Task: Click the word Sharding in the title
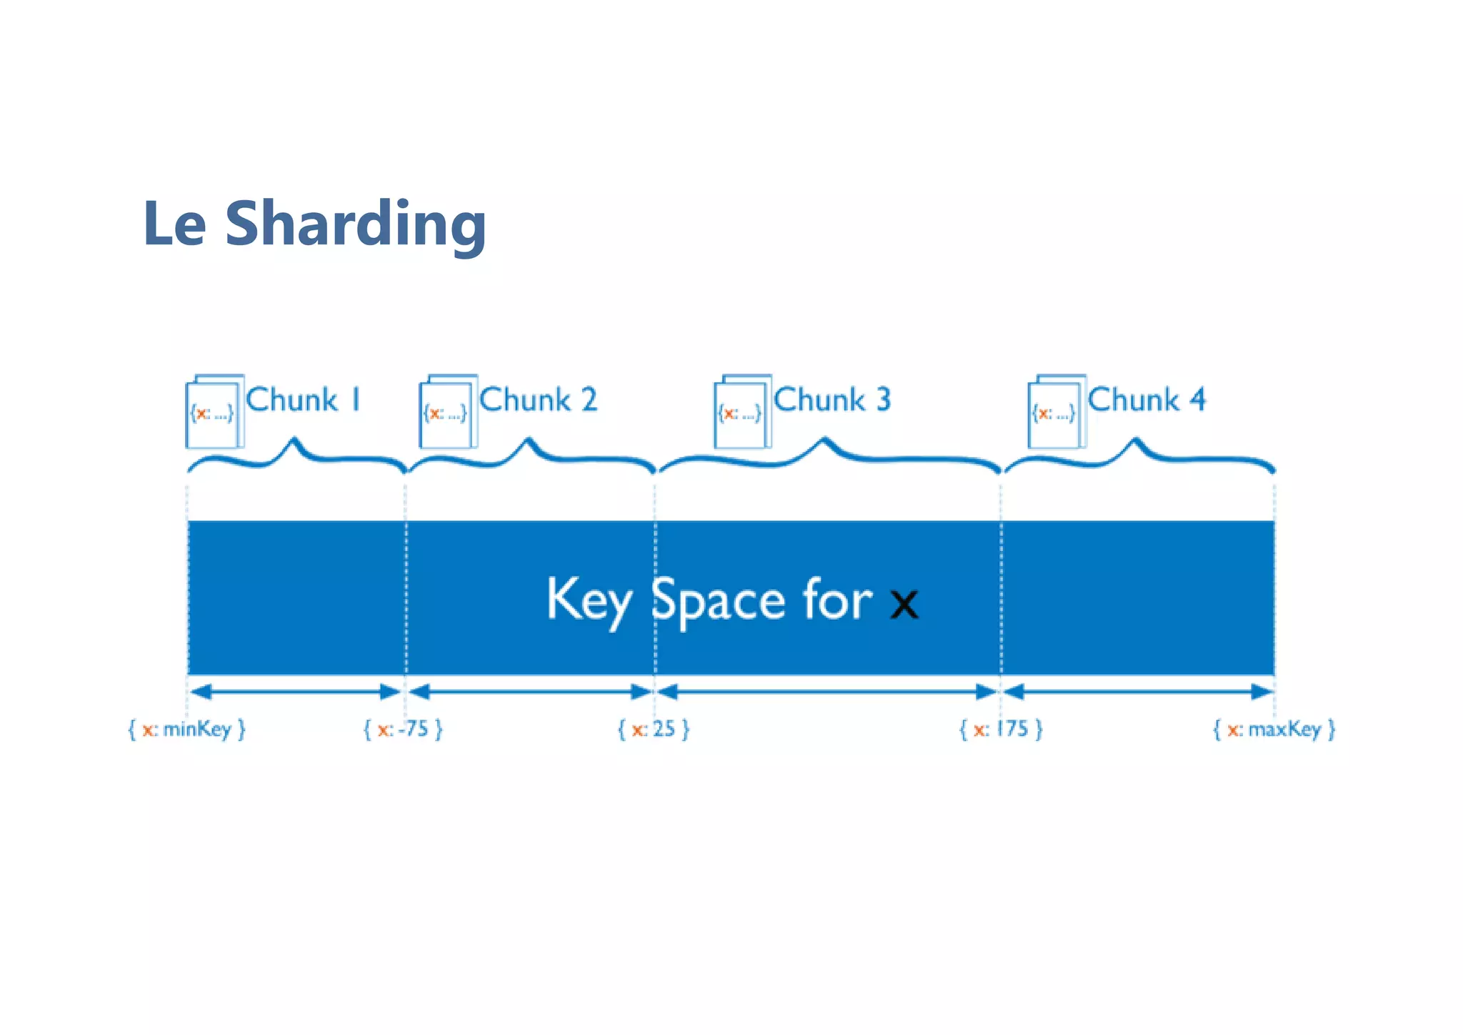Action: pos(355,224)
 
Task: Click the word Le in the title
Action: pos(174,224)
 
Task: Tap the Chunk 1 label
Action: pos(304,400)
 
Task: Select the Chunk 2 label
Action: pos(538,400)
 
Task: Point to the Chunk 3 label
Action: pos(832,400)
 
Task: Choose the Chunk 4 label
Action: pos(1147,400)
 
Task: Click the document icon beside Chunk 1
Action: pos(214,412)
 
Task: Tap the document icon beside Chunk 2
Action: pos(447,412)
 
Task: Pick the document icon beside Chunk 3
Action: pos(742,412)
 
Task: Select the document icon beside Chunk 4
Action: pos(1056,412)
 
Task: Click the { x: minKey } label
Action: pos(186,730)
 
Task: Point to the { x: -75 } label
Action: pos(403,730)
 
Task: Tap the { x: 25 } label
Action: pos(654,730)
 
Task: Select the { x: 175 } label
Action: pos(1001,730)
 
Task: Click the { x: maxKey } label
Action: pos(1274,730)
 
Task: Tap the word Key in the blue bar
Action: pos(589,600)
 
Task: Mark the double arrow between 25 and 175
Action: pos(827,692)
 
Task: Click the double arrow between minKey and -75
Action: pos(296,692)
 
